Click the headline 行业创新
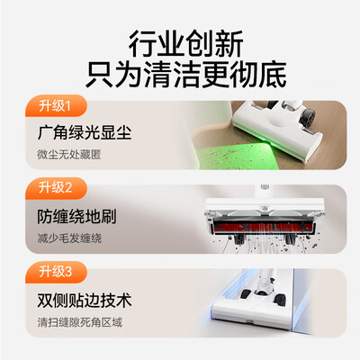tap(185, 44)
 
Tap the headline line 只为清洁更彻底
tap(186, 75)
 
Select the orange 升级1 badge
tap(56, 105)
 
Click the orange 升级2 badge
tap(56, 188)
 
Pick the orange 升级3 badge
tap(56, 272)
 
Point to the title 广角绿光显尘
tap(85, 132)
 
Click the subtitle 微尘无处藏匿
tap(69, 155)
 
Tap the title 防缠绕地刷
tap(76, 216)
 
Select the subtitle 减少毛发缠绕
tap(69, 238)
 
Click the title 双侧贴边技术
tap(85, 300)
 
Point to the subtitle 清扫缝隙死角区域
tap(80, 322)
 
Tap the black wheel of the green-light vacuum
tap(309, 116)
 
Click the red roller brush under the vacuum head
tap(264, 228)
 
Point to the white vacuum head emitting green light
tap(277, 129)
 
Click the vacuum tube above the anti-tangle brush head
tap(265, 192)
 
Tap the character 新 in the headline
tap(229, 44)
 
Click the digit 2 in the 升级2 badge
tap(68, 188)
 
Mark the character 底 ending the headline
tap(273, 75)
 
